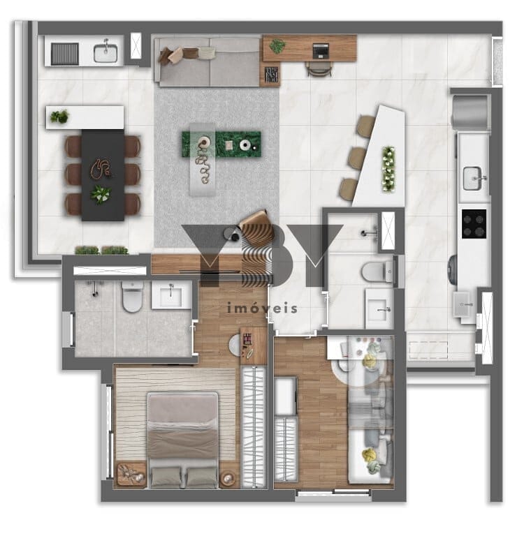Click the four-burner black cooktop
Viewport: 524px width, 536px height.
tap(474, 224)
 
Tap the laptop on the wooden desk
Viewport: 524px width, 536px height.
tap(321, 51)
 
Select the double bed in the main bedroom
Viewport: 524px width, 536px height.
tap(183, 440)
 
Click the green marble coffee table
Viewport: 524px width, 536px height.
tap(221, 144)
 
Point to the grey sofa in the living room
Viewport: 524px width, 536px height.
tap(208, 62)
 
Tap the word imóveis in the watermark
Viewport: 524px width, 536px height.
tap(262, 308)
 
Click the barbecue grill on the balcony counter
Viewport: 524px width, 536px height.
tap(65, 54)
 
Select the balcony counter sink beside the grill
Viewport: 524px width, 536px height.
tap(105, 53)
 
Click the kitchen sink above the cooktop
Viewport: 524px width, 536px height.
tap(473, 178)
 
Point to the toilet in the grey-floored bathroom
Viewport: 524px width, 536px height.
tap(132, 297)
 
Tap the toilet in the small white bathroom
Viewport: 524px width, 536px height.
tap(377, 271)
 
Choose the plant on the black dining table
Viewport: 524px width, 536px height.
tap(101, 193)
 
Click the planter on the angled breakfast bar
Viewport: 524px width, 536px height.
tap(388, 169)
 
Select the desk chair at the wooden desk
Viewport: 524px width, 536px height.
tap(319, 69)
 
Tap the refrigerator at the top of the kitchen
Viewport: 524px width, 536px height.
tap(470, 112)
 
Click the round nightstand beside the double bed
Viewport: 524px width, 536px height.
tap(228, 478)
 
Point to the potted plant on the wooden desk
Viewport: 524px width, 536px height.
tap(277, 46)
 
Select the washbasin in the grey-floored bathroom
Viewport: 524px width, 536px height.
tap(171, 295)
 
